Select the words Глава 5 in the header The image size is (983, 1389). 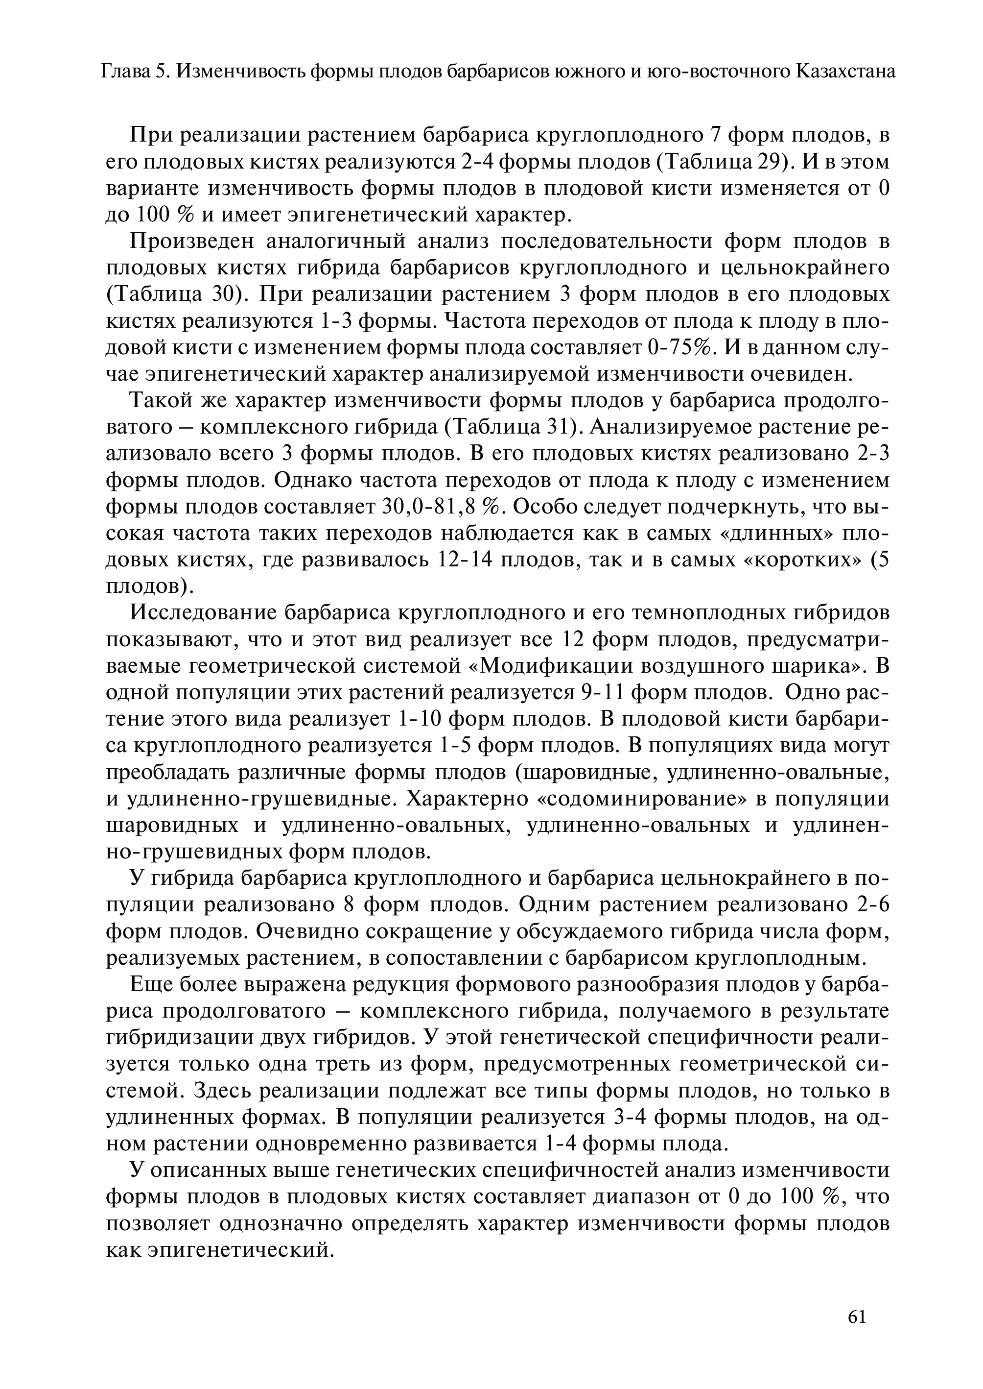coord(133,72)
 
